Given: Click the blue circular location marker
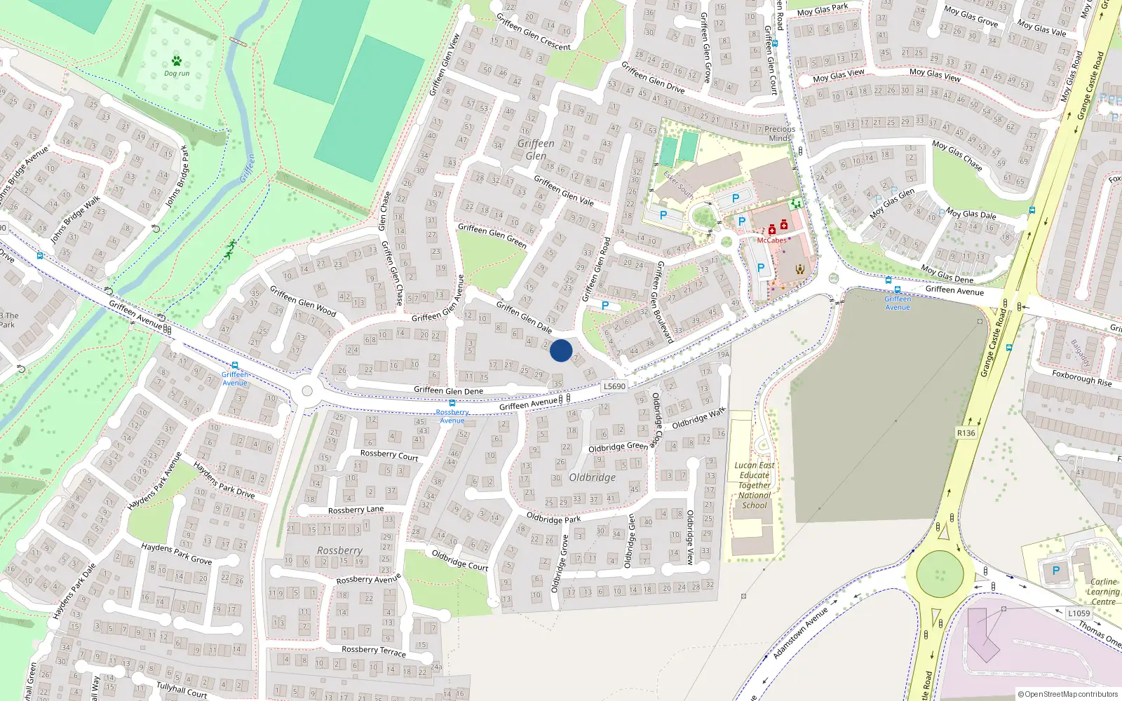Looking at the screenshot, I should point(561,350).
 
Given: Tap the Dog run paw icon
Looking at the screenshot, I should point(177,62).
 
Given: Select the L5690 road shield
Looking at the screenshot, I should point(614,386).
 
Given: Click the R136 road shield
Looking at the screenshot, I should point(966,433).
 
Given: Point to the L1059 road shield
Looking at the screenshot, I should point(1079,613).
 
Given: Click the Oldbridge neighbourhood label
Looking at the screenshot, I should point(593,477).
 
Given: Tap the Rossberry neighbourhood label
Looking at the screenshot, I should point(339,551).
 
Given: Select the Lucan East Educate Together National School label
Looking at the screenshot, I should point(755,485).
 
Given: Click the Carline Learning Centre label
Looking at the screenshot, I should point(1103,592).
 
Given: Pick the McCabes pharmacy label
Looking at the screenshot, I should point(771,240).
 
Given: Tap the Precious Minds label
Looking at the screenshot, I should point(780,134).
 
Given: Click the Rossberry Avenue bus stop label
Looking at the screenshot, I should point(452,416).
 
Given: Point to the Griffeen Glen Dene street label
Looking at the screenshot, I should point(448,390).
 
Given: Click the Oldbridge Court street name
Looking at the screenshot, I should point(460,560).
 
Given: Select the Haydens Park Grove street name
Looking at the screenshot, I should point(176,554).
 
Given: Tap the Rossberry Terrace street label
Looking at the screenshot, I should point(374,651).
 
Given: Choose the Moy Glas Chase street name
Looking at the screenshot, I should point(957,155).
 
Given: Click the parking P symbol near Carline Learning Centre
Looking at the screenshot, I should point(1056,571).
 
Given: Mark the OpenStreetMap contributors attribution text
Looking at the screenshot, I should point(1067,695).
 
